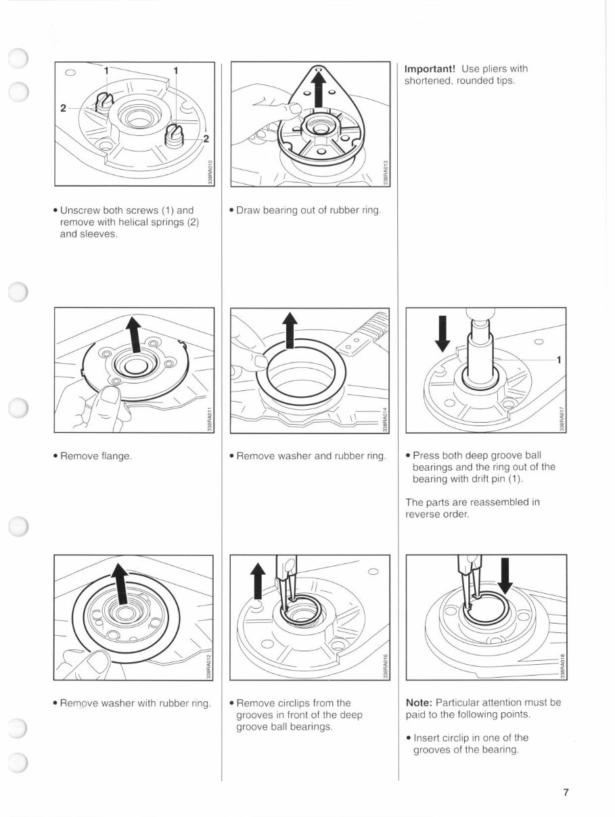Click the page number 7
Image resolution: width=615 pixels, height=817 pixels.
pyautogui.click(x=566, y=793)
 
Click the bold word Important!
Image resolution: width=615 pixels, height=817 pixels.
pyautogui.click(x=430, y=69)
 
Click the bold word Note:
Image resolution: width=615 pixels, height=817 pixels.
pyautogui.click(x=419, y=703)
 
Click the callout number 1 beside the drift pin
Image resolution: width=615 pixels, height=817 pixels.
pyautogui.click(x=558, y=360)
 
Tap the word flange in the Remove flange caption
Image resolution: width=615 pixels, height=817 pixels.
pyautogui.click(x=116, y=456)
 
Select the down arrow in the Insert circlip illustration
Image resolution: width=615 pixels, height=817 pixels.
pyautogui.click(x=505, y=575)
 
